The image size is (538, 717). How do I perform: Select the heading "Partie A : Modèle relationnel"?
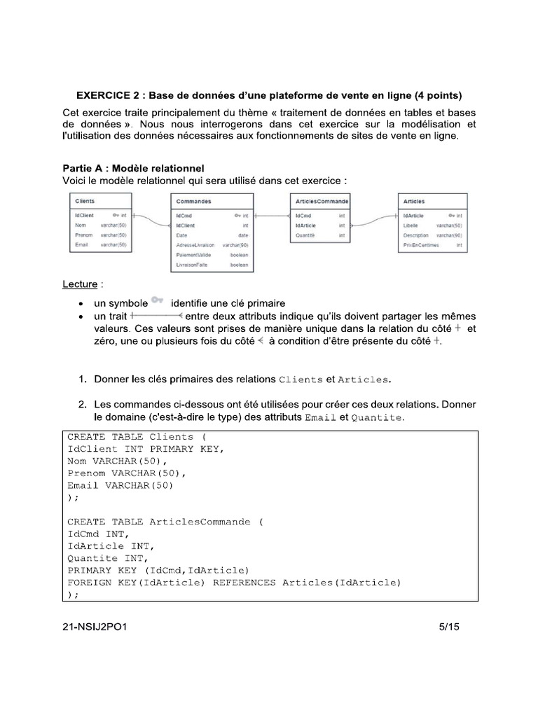133,168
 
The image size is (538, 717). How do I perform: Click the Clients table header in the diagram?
85,201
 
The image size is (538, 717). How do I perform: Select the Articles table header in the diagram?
415,202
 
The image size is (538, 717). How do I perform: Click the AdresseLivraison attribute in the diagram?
195,246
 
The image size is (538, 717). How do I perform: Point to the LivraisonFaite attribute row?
192,265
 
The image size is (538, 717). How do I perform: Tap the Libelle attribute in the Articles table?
411,226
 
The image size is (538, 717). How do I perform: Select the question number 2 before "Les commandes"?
82,405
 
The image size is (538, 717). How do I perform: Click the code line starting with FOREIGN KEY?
234,582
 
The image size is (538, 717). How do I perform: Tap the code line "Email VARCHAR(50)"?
120,485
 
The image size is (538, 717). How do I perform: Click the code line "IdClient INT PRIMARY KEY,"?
146,449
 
